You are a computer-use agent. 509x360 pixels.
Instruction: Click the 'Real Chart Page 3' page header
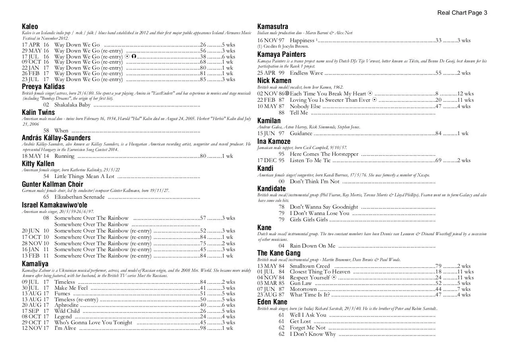point(462,13)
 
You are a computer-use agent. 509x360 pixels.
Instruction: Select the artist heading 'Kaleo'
point(30,27)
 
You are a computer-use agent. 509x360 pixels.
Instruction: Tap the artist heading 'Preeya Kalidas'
point(43,87)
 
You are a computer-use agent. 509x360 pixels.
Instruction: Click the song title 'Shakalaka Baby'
point(72,105)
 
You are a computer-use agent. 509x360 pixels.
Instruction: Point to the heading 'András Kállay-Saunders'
point(56,138)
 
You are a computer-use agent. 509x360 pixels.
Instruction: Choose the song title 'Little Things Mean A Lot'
point(84,176)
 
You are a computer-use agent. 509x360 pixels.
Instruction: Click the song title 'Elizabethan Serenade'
point(80,197)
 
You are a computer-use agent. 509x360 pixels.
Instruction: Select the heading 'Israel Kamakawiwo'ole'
point(54,205)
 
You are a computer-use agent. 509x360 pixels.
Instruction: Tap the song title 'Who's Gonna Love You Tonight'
point(93,322)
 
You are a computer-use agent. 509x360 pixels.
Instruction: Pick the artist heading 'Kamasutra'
point(273,27)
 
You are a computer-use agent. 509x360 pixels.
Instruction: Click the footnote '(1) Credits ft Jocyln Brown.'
point(283,46)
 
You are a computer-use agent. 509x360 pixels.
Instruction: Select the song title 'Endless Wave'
point(306,73)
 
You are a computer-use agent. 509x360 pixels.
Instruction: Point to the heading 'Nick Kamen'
point(274,81)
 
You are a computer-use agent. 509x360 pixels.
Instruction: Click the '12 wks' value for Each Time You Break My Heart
point(465,93)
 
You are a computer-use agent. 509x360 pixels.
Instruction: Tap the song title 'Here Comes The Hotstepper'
point(324,154)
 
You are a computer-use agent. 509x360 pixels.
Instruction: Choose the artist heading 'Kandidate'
point(272,189)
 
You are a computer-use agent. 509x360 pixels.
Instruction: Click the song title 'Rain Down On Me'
point(313,246)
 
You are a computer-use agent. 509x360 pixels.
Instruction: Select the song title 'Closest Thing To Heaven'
point(320,271)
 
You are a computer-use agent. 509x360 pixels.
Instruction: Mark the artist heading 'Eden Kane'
point(272,302)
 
